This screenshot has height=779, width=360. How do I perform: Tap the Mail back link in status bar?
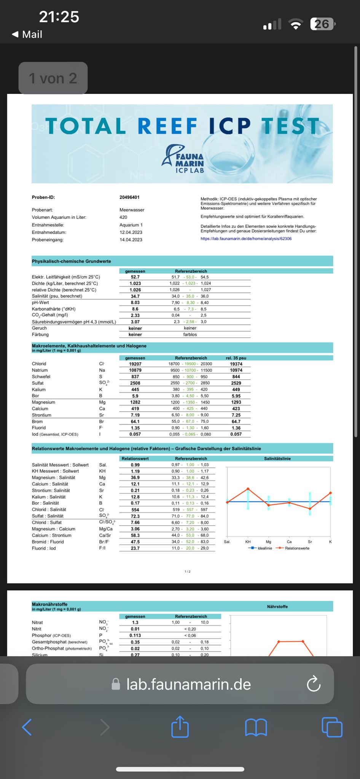coord(27,35)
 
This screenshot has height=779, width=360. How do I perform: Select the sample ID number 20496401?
coord(129,197)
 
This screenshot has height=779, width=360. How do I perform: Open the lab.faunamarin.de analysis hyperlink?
coord(246,239)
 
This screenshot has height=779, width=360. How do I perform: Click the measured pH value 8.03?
coord(135,303)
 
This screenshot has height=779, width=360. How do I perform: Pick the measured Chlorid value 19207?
coord(135,364)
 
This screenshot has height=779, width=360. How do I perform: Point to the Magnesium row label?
coord(43,402)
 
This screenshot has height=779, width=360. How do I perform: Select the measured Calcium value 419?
coord(135,409)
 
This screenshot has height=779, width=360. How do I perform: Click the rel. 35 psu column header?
coord(236,358)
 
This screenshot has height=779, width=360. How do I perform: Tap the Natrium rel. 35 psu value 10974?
coord(236,370)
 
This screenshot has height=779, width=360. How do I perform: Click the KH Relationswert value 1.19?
coord(135,471)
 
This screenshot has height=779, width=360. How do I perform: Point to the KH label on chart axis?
coord(248,542)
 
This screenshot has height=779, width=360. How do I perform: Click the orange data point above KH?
coord(248,488)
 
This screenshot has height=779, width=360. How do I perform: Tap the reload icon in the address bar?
coord(314,684)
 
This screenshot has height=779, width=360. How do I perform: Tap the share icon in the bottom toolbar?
coord(180,727)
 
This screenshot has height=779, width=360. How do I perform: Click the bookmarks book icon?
coord(256,727)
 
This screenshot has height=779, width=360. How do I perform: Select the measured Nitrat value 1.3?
coord(135,623)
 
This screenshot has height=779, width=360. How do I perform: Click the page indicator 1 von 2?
coord(53,78)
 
